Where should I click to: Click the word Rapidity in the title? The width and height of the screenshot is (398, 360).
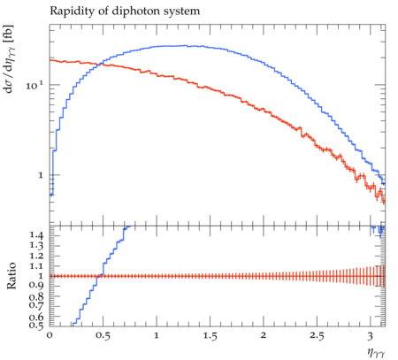73,11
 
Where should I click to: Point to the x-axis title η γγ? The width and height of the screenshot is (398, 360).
376,352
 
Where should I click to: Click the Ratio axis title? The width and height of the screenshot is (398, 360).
11,275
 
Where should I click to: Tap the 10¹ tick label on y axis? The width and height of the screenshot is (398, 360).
34,86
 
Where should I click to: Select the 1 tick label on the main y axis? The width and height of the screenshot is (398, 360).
41,175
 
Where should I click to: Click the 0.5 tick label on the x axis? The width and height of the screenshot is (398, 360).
103,336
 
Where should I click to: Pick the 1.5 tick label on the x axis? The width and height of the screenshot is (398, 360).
210,336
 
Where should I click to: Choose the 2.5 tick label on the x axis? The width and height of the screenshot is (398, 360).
317,336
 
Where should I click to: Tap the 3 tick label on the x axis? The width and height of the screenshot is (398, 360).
371,336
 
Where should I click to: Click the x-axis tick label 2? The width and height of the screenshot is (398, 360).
264,335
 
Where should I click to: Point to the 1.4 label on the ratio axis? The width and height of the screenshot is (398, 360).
36,235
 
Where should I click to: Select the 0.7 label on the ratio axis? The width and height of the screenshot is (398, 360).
36,305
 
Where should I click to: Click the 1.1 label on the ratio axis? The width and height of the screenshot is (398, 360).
36,266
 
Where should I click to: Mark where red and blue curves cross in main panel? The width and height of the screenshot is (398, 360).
100,64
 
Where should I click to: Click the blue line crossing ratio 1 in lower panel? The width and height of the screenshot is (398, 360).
97,276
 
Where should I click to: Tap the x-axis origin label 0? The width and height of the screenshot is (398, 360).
50,335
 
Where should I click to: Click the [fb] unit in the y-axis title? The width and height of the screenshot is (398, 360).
10,32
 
